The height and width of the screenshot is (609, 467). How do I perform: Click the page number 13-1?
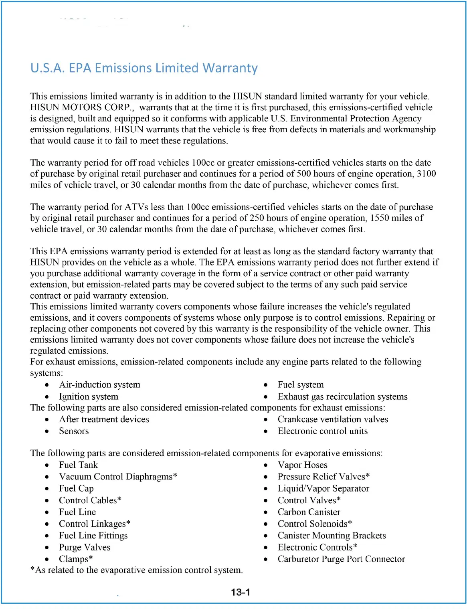click(x=241, y=592)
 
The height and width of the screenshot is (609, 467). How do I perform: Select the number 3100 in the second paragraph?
click(x=427, y=174)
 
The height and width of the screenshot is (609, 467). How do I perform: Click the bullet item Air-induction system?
click(x=99, y=385)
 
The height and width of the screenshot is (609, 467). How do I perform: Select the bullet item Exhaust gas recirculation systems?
click(x=342, y=397)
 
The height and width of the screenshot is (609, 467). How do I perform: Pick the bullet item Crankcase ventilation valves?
click(x=333, y=419)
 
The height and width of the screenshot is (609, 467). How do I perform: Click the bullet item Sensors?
click(x=74, y=431)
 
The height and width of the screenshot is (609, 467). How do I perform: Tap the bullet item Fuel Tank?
click(x=78, y=465)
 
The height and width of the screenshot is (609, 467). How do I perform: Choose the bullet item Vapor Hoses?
click(x=302, y=465)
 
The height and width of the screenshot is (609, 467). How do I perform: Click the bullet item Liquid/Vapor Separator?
click(x=323, y=489)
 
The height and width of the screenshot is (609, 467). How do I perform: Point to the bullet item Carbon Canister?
click(x=309, y=512)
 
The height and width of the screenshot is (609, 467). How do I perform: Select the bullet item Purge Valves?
click(x=84, y=548)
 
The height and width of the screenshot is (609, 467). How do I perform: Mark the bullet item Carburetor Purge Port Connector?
click(x=341, y=559)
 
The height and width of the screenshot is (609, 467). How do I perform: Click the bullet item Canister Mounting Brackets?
click(x=332, y=536)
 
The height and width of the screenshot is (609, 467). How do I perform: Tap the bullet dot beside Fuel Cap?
click(x=47, y=489)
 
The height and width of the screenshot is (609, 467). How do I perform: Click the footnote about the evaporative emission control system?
click(x=137, y=571)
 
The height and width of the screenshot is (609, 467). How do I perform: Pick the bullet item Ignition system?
click(x=89, y=397)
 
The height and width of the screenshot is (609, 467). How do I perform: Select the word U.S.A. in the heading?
click(x=47, y=68)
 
